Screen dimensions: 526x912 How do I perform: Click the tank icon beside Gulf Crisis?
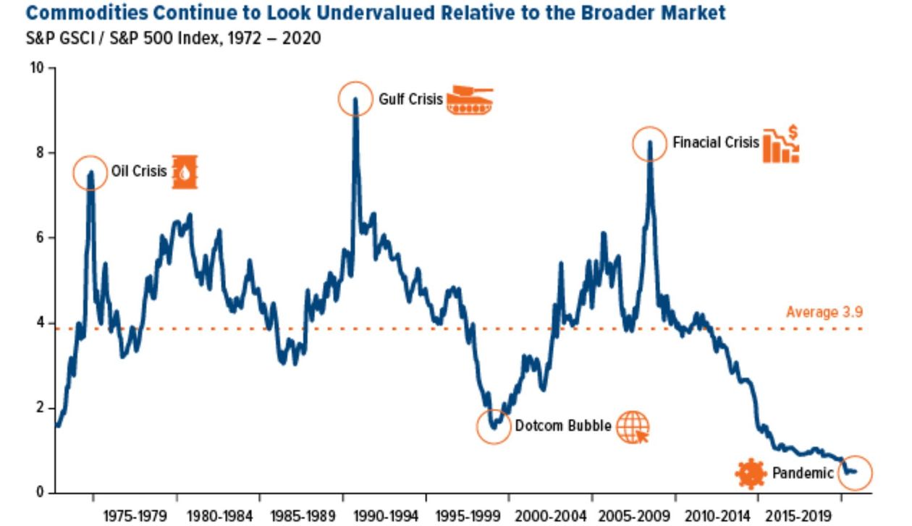pos(470,100)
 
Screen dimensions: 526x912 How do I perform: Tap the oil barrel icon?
pos(185,172)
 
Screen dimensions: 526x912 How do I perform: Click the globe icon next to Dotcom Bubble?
pos(633,426)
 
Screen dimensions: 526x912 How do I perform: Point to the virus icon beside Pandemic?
pos(751,474)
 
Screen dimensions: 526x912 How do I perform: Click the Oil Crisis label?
pos(138,172)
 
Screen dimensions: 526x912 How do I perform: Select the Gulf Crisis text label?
pos(410,99)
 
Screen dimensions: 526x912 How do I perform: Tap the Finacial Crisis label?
pos(715,143)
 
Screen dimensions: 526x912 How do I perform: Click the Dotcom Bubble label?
pos(563,426)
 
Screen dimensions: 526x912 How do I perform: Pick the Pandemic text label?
pos(802,474)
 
